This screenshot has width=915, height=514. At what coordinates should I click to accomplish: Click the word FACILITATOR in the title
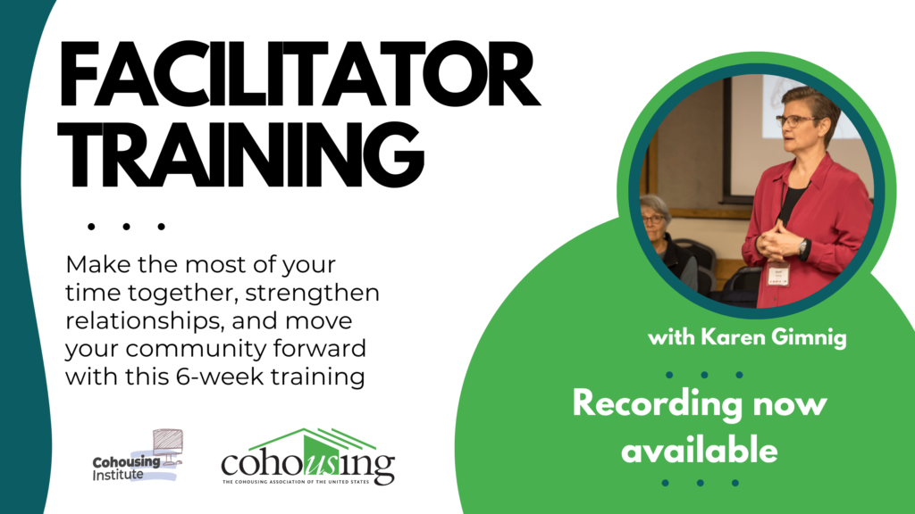[299, 74]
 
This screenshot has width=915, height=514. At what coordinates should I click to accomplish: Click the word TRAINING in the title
[241, 153]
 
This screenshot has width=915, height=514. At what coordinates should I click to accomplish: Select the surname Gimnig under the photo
[808, 337]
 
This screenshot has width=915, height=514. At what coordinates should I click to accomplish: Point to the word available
[699, 451]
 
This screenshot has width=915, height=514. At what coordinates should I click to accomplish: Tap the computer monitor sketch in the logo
[168, 447]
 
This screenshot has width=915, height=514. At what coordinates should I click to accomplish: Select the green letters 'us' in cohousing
[321, 464]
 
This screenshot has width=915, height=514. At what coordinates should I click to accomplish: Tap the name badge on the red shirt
[778, 273]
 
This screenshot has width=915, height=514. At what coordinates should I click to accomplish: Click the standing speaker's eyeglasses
[795, 120]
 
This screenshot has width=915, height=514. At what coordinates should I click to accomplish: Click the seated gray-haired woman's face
[652, 219]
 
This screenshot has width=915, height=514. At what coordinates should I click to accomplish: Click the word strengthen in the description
[312, 293]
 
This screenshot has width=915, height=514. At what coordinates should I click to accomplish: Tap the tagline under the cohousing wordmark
[295, 482]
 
